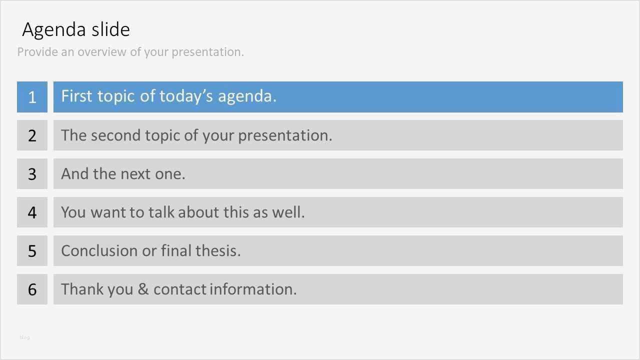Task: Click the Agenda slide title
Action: pos(76,29)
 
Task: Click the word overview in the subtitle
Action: pos(102,52)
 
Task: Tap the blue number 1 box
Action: pos(32,97)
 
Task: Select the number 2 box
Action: pos(32,135)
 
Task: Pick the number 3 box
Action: pos(32,173)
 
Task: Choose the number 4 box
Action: pos(32,212)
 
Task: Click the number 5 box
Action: pos(32,251)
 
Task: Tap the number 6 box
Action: pos(32,289)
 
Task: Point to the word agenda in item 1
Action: pos(247,97)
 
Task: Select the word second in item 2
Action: pos(115,135)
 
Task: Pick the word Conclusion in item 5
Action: pos(99,251)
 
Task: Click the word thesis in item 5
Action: pos(218,251)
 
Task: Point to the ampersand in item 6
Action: pos(143,289)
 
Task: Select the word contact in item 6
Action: pos(180,289)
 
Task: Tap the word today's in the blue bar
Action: pos(186,96)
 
